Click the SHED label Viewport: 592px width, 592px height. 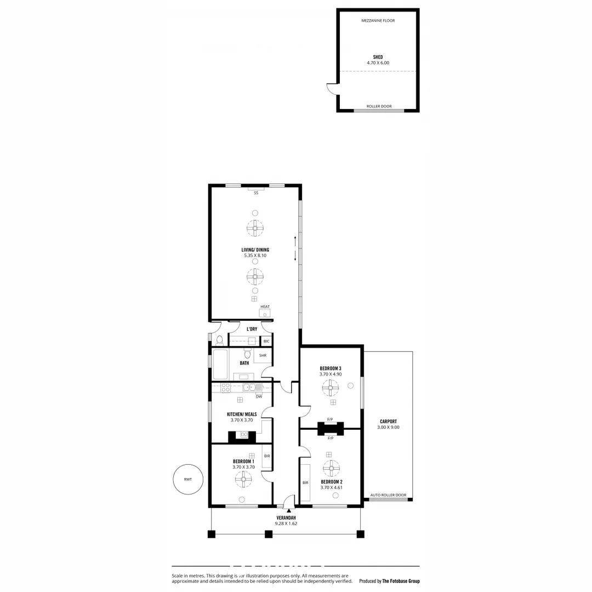coord(378,57)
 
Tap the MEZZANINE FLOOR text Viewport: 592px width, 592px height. coord(378,21)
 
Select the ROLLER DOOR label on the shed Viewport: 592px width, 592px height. coord(379,106)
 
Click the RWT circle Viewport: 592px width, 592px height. coord(187,480)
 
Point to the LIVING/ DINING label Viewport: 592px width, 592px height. coord(255,250)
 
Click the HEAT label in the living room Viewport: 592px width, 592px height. coord(265,307)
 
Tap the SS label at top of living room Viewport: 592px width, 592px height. coord(255,193)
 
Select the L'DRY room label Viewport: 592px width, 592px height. coord(252,329)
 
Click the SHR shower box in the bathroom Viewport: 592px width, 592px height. coord(263,356)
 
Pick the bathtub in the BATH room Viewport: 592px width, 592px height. coord(220,365)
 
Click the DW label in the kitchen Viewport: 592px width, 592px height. coord(258,396)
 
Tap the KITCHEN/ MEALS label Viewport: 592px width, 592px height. coord(242,414)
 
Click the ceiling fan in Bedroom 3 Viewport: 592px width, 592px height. coord(331,389)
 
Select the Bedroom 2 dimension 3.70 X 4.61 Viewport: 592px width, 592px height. coord(331,487)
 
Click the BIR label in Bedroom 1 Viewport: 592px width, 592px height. coord(267,456)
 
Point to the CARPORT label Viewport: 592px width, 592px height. coord(388,422)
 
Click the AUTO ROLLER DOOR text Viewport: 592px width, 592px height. coord(388,495)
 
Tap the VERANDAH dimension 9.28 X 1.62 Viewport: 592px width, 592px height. coord(286,523)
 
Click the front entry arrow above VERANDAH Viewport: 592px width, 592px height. coord(289,511)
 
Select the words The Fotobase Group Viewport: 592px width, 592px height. coord(401,581)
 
